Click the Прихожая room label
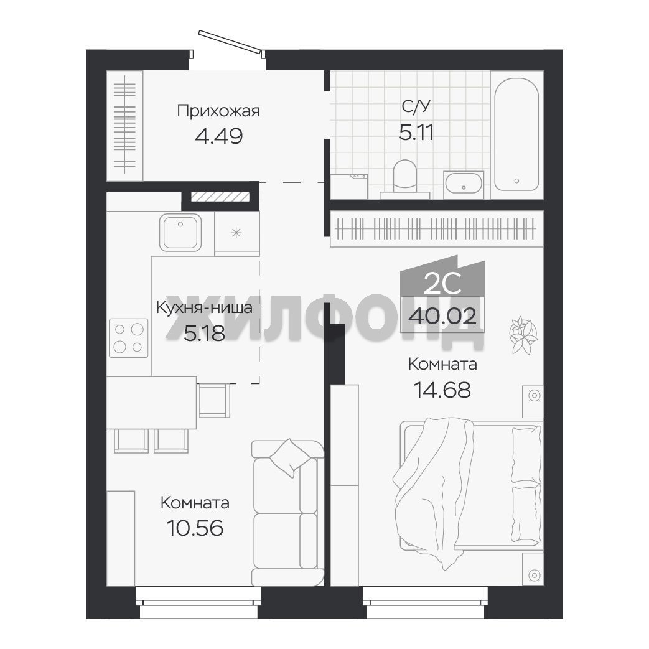coord(218,111)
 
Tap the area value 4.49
coord(218,136)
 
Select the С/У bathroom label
coord(416,106)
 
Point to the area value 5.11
coord(416,133)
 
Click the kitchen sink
coord(180,233)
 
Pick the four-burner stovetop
coord(128,338)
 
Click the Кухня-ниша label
coord(204,307)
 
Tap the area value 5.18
coord(204,333)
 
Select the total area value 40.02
coord(442,317)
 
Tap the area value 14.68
coord(442,390)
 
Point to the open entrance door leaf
coord(230,42)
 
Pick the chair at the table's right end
coord(214,400)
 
